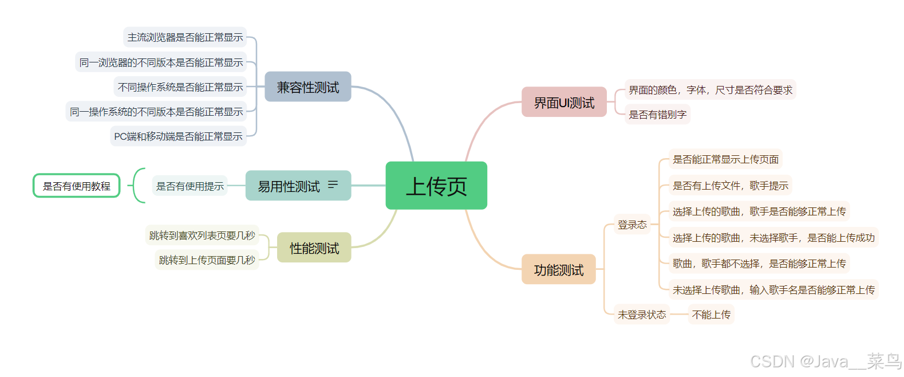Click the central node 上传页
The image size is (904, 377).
[x=436, y=186]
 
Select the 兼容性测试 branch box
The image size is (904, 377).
[x=308, y=87]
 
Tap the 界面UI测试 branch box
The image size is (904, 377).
[x=564, y=103]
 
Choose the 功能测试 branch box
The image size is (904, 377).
[x=558, y=270]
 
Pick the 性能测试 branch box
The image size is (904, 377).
[x=314, y=248]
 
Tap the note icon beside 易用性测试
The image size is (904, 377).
[x=333, y=184]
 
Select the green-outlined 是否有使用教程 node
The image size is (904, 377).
[x=77, y=186]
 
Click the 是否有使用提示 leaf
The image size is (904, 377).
[x=190, y=186]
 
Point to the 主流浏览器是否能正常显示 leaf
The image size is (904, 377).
[x=185, y=37]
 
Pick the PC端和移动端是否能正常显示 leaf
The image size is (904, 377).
[x=178, y=136]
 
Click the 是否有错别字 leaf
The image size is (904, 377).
[x=657, y=115]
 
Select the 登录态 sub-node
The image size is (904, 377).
[x=632, y=225]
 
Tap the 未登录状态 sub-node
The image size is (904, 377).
[x=642, y=315]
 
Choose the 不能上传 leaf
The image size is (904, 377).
[x=711, y=315]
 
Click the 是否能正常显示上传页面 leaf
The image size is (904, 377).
[x=725, y=159]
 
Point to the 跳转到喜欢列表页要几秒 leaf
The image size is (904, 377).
[x=202, y=235]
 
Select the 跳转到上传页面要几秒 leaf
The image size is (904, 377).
[x=207, y=260]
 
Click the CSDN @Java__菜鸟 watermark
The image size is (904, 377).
[x=826, y=361]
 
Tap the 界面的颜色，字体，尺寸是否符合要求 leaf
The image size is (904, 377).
[x=710, y=90]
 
